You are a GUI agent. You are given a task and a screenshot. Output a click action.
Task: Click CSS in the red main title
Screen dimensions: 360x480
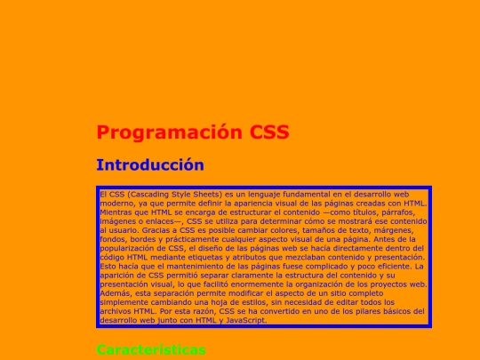(x=269, y=133)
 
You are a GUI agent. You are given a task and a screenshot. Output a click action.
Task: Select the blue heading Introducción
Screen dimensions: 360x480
(x=150, y=165)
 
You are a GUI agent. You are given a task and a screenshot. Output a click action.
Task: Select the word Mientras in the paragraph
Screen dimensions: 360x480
(x=115, y=212)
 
